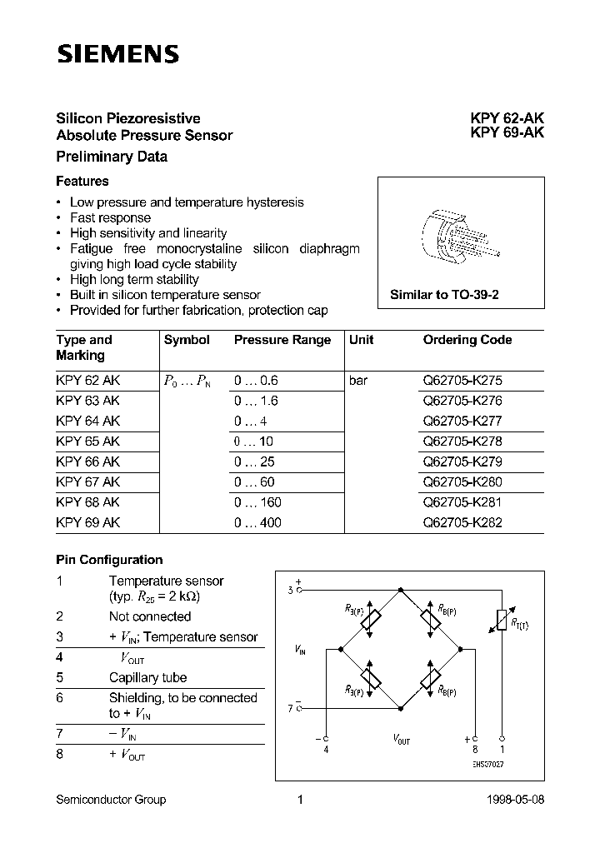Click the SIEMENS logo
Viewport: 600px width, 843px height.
(x=117, y=55)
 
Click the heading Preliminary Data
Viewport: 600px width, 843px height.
(x=112, y=157)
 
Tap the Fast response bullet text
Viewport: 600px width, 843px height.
(x=110, y=217)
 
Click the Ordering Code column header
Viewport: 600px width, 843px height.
(x=467, y=340)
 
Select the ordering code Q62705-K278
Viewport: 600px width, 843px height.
(x=462, y=441)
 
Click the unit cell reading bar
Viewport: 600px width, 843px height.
(x=358, y=381)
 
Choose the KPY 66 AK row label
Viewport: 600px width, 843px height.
(x=88, y=461)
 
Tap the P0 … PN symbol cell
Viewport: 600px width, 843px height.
(x=187, y=381)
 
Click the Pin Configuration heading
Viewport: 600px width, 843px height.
(x=109, y=560)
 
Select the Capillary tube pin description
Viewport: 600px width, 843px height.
(x=147, y=677)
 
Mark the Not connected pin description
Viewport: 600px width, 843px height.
(x=150, y=616)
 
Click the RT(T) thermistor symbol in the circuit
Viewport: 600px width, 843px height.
(x=501, y=619)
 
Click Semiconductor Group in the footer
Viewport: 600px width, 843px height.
(x=111, y=800)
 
